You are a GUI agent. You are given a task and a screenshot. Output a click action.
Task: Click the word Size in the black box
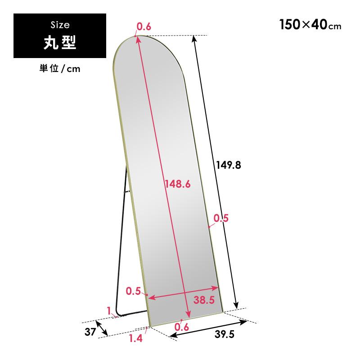tap(60, 25)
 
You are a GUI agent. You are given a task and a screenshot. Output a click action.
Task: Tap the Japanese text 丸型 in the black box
tap(60, 42)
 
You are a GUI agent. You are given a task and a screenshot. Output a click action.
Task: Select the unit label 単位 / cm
tap(60, 69)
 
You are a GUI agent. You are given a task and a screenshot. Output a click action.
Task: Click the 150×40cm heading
tap(310, 25)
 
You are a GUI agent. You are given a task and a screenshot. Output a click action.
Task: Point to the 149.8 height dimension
tap(229, 165)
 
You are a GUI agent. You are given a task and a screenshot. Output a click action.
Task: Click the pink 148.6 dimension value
tap(178, 184)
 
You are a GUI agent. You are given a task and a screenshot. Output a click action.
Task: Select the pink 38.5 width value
tap(204, 300)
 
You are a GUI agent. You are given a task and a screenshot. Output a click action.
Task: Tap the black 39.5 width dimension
tap(225, 334)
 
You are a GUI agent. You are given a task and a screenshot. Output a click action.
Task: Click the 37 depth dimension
tap(90, 332)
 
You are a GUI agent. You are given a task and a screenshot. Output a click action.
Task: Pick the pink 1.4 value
tap(136, 338)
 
